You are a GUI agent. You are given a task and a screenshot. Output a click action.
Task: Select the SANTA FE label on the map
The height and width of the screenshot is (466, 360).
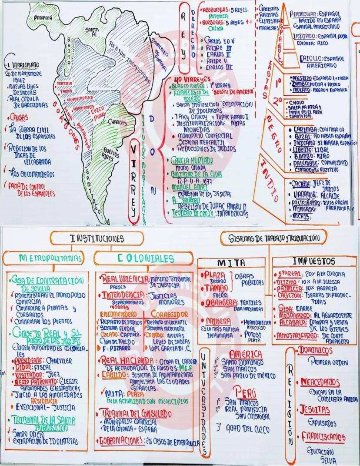92,31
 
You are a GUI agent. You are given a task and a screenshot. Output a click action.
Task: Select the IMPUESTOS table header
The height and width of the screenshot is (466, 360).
313,262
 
